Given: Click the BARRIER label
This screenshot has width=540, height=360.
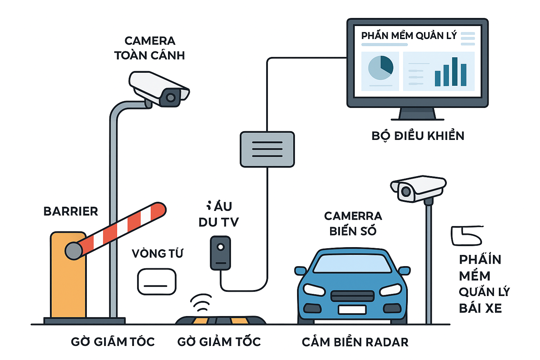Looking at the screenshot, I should pyautogui.click(x=71, y=211).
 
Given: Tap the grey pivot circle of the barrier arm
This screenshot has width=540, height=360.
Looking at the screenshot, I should pyautogui.click(x=74, y=251).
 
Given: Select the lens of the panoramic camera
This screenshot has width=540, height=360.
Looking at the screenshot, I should pyautogui.click(x=171, y=97).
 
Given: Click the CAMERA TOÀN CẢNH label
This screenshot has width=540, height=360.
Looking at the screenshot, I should pyautogui.click(x=150, y=48).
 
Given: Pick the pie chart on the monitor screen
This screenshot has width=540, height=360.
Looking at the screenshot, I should pyautogui.click(x=380, y=68).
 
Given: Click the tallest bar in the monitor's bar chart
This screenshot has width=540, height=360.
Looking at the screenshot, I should pyautogui.click(x=455, y=72).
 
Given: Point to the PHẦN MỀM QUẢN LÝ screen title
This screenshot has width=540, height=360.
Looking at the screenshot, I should pyautogui.click(x=409, y=36).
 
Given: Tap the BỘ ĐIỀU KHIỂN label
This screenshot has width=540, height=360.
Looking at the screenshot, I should pyautogui.click(x=418, y=136).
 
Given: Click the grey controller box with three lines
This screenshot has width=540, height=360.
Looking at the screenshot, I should pyautogui.click(x=267, y=149).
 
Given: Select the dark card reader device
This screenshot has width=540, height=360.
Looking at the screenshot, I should pyautogui.click(x=220, y=253).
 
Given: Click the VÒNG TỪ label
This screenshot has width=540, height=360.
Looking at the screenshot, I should pyautogui.click(x=157, y=253).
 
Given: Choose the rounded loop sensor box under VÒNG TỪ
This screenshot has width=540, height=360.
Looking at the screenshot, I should pyautogui.click(x=156, y=282).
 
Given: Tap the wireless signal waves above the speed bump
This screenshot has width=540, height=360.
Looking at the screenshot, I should pyautogui.click(x=201, y=302).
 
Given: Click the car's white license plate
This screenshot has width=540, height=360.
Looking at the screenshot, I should pyautogui.click(x=352, y=309).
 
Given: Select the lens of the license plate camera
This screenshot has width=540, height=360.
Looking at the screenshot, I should pyautogui.click(x=406, y=192).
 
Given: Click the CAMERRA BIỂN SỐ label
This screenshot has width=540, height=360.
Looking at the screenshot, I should pyautogui.click(x=353, y=223).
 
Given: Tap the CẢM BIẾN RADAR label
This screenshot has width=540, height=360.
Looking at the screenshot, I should pyautogui.click(x=355, y=342).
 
